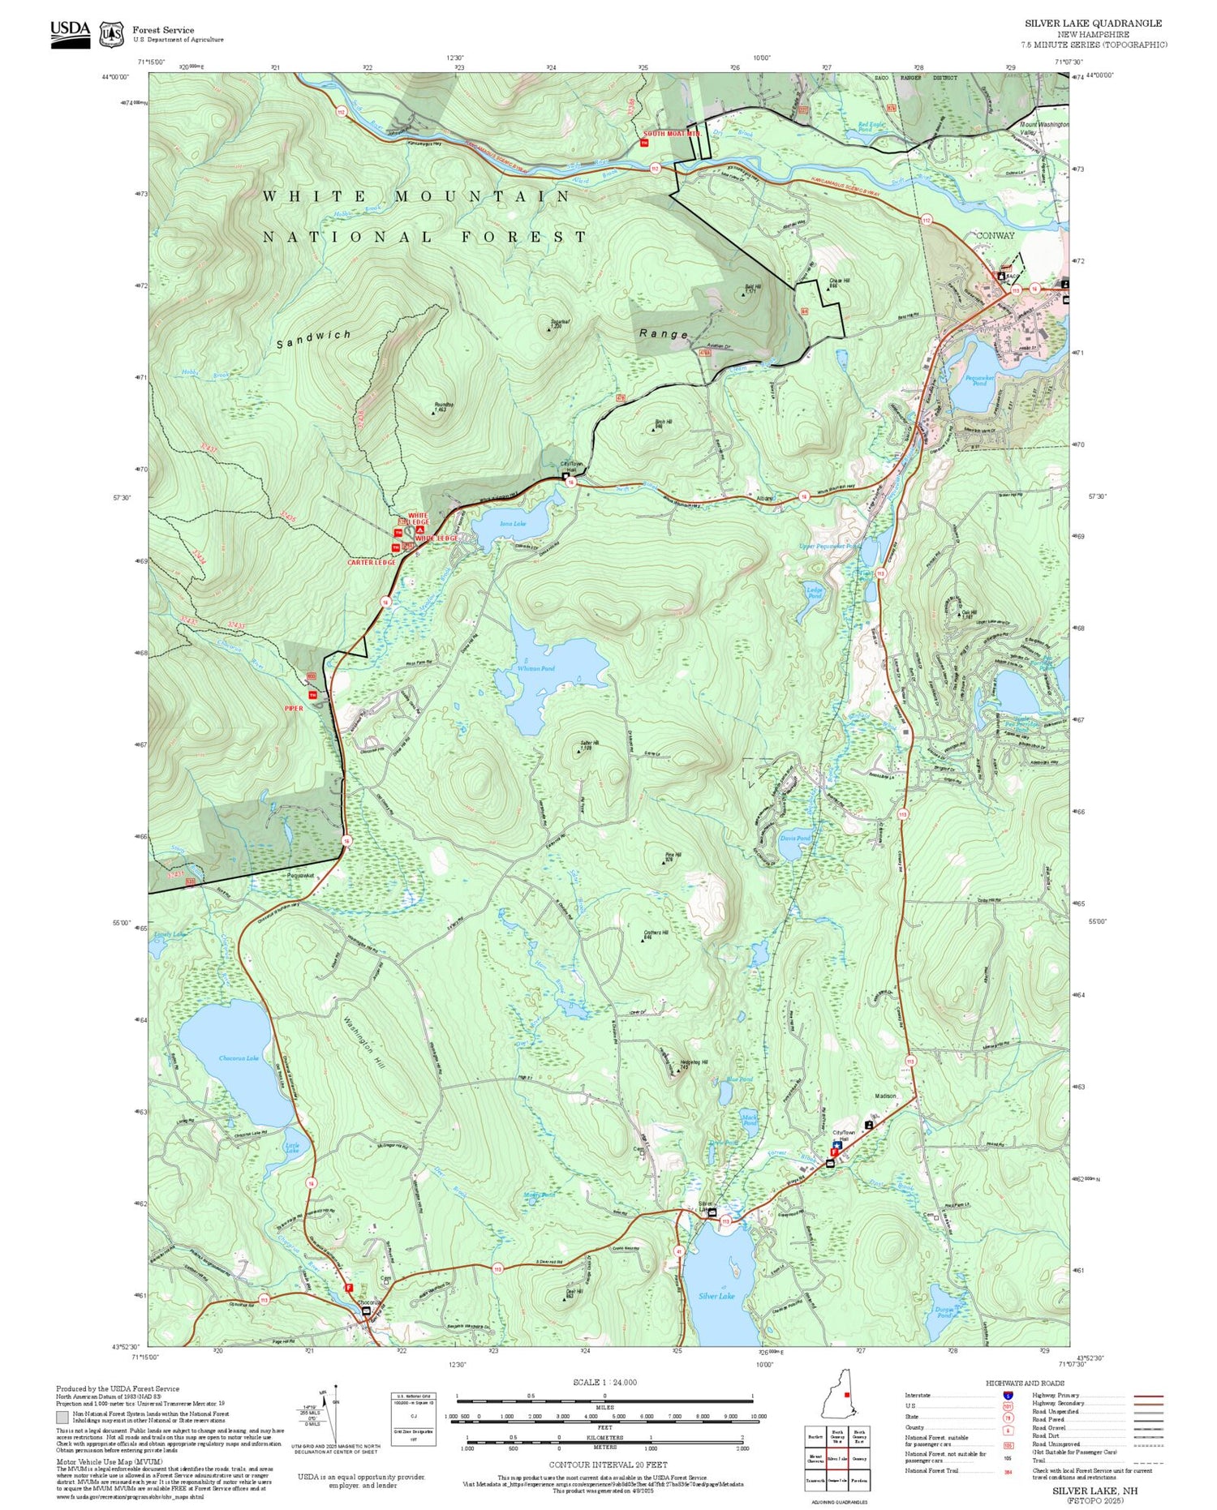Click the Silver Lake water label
tap(716, 1296)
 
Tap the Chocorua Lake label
tap(239, 1058)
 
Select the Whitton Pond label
tap(536, 668)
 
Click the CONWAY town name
tap(995, 235)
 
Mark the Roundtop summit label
tap(444, 405)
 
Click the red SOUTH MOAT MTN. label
tap(672, 133)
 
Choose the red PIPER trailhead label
tap(293, 708)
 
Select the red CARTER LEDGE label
tap(372, 562)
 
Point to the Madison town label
tap(885, 1096)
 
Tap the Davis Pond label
tap(795, 838)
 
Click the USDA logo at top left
tap(71, 34)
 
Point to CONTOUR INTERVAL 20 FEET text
tap(608, 1465)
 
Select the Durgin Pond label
tap(944, 1311)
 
